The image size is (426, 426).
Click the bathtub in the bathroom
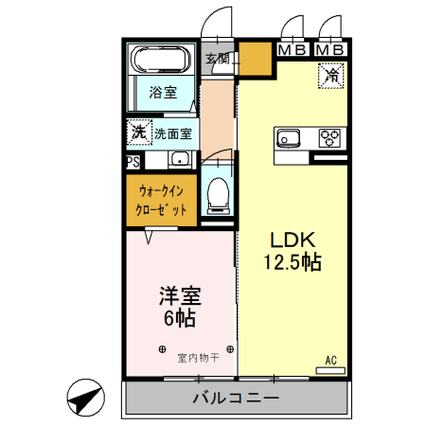tap(162, 62)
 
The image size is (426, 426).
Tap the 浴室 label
tap(162, 93)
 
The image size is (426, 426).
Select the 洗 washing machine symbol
tap(138, 133)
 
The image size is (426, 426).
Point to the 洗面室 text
tap(172, 134)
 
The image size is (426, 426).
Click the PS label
tap(133, 160)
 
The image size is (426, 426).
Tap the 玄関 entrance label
tap(218, 59)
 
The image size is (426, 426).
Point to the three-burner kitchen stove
tap(329, 138)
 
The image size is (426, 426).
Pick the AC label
tap(331, 360)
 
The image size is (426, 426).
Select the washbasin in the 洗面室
tap(179, 159)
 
